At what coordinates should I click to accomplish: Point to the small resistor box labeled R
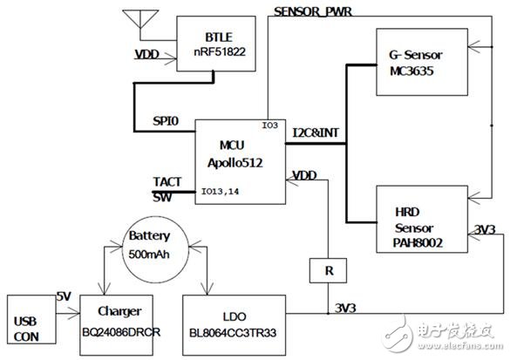tap(328, 270)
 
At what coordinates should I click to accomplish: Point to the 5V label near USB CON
tap(64, 296)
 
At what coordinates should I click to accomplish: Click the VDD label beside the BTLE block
tap(147, 54)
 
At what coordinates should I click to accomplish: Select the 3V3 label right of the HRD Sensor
tap(486, 228)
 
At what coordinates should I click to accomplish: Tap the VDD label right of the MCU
tap(303, 175)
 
